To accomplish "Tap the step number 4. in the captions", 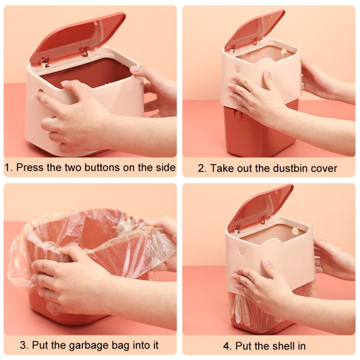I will (x=227, y=345).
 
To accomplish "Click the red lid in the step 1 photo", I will (x=77, y=38).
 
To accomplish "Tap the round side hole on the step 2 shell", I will (x=237, y=69).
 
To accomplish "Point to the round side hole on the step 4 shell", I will (x=241, y=251).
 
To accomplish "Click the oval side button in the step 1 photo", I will (x=40, y=91).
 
